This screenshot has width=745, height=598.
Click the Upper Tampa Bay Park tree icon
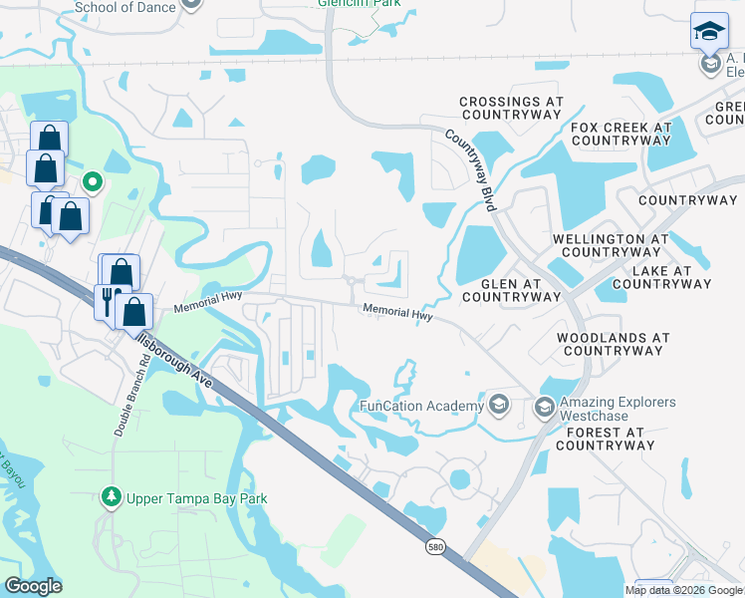click(x=113, y=496)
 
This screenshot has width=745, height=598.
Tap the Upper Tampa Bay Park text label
click(x=197, y=498)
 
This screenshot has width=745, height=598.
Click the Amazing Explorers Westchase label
click(x=618, y=409)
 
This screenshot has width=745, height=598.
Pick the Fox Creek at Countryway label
click(x=621, y=135)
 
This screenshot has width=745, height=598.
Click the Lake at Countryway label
click(x=662, y=277)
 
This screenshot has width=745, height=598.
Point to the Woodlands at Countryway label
click(x=613, y=345)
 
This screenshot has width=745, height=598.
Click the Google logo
click(x=33, y=586)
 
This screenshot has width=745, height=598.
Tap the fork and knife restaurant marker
click(x=107, y=299)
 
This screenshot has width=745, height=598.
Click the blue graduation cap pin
click(x=709, y=32)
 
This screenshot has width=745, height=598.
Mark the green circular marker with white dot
click(x=92, y=181)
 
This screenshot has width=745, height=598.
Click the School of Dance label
click(x=124, y=7)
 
